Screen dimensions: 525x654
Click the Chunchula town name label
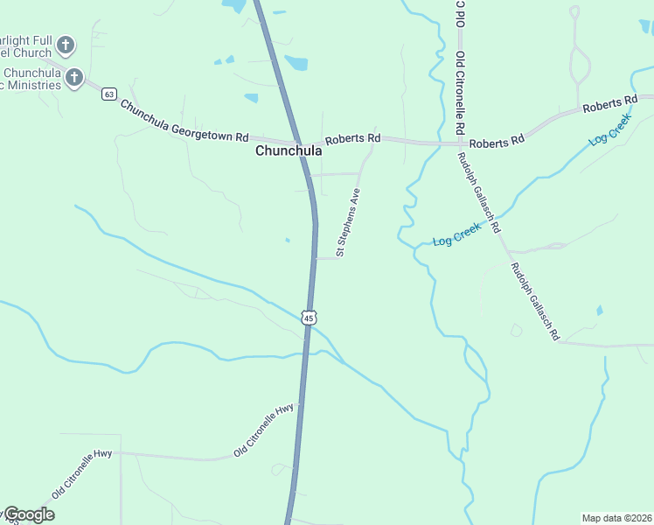click(x=289, y=150)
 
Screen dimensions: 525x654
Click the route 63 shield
click(x=108, y=94)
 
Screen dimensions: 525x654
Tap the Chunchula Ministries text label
click(x=31, y=79)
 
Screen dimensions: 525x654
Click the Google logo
click(x=28, y=514)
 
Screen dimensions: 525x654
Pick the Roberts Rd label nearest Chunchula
click(x=352, y=138)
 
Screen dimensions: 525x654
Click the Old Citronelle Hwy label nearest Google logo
click(x=83, y=472)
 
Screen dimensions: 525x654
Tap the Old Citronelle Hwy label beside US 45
click(x=265, y=430)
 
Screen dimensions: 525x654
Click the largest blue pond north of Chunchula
click(x=296, y=63)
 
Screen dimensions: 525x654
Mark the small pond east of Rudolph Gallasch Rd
click(x=599, y=311)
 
